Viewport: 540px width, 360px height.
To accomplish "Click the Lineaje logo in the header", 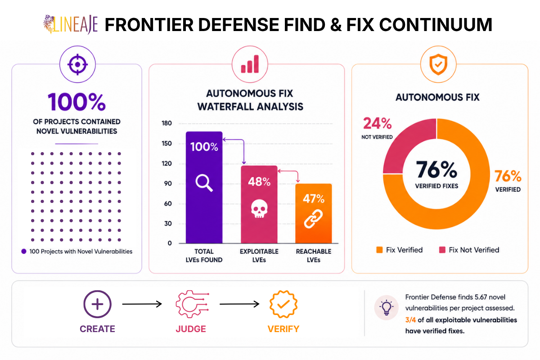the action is coord(70,24).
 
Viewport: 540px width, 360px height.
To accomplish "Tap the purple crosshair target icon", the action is coord(77,64).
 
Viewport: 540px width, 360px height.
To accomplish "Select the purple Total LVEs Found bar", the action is coord(204,187).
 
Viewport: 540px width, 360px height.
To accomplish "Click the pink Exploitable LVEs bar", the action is coord(259,204).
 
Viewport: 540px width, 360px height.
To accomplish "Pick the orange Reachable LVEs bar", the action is coord(314,213).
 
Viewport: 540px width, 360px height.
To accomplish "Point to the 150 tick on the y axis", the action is coord(166,144).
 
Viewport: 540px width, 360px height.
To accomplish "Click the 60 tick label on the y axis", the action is coord(168,203).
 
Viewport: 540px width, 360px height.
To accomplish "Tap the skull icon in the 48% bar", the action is coord(259,209).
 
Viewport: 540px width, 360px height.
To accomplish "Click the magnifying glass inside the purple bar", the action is coord(204,183).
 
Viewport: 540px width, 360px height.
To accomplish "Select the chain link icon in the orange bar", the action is coord(313,218).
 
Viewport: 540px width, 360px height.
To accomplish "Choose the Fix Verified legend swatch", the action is coord(379,250).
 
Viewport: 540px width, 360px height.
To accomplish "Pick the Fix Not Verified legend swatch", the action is coord(442,250).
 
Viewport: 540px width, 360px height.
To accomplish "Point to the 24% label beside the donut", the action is coord(377,123).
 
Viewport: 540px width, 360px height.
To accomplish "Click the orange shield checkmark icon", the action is coord(438,64).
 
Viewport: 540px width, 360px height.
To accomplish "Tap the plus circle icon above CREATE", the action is coord(97,304).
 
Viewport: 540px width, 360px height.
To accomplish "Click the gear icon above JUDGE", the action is coord(192,304).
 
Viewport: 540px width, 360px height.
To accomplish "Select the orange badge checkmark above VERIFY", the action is coord(283,304).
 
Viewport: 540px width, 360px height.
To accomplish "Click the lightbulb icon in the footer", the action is coord(386,308).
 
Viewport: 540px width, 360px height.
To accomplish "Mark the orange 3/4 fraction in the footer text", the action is coord(410,320).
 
